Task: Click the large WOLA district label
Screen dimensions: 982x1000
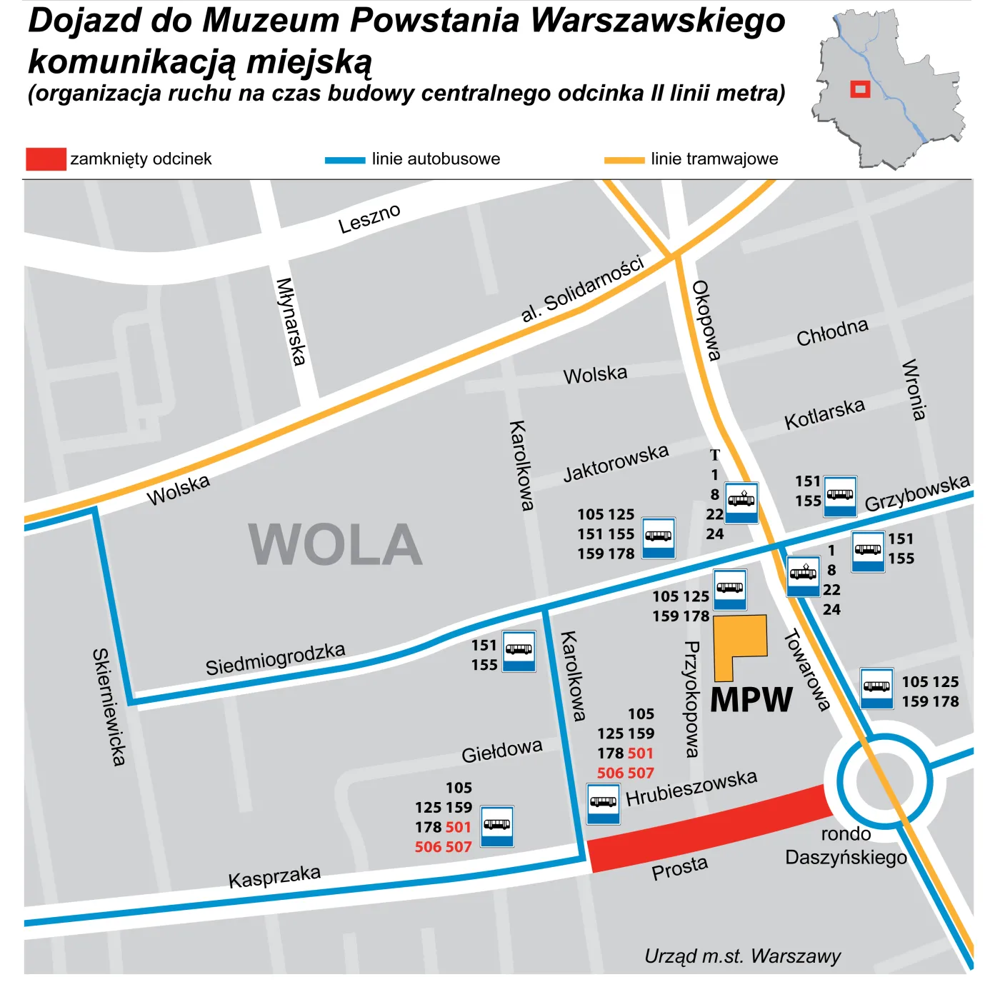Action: (335, 545)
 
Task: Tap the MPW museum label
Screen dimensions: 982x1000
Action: (751, 699)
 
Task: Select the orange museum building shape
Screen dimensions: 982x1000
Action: (739, 643)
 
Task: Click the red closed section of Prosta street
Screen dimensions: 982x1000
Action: (707, 828)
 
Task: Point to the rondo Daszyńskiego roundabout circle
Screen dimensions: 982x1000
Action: (884, 780)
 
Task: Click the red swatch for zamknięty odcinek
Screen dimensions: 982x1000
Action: (46, 159)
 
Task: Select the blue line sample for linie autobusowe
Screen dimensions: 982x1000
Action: (344, 160)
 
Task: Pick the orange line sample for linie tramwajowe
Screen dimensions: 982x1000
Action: (624, 160)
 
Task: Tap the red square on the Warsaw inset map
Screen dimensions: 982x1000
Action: (860, 89)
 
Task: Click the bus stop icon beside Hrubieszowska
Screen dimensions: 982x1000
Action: (604, 803)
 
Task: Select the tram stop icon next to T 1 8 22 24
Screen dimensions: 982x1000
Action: (741, 503)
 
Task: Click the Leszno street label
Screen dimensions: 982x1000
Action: (369, 219)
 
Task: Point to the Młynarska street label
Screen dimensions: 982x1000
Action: (291, 321)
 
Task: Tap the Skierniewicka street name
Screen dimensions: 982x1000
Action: (109, 707)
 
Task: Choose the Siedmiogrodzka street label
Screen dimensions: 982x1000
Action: (275, 658)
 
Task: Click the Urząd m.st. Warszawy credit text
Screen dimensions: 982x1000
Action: (742, 956)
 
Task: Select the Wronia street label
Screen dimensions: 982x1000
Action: (914, 390)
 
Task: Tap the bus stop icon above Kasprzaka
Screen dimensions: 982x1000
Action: (496, 826)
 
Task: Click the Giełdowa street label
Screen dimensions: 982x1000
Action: (501, 751)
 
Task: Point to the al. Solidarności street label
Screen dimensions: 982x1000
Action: (582, 289)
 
